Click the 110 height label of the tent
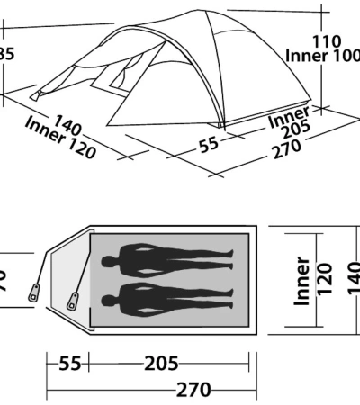[x=327, y=40]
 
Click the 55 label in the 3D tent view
[x=208, y=144]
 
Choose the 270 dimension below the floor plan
[x=193, y=390]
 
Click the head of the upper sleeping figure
[x=110, y=264]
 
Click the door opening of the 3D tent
[x=117, y=79]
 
